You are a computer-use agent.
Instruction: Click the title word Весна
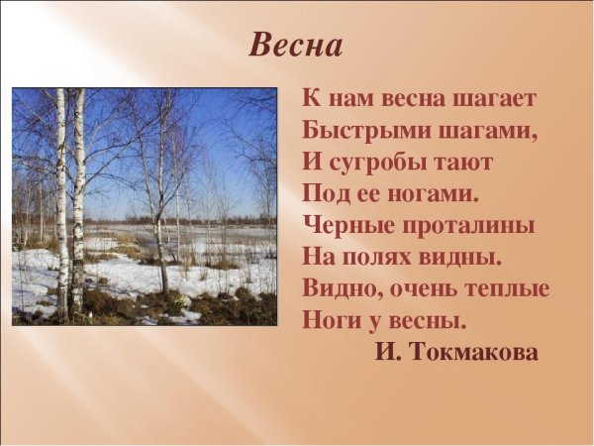click(x=296, y=45)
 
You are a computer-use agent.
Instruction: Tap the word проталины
click(x=469, y=226)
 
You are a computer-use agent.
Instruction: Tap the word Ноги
click(x=332, y=321)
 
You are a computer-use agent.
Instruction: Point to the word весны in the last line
click(x=426, y=321)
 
